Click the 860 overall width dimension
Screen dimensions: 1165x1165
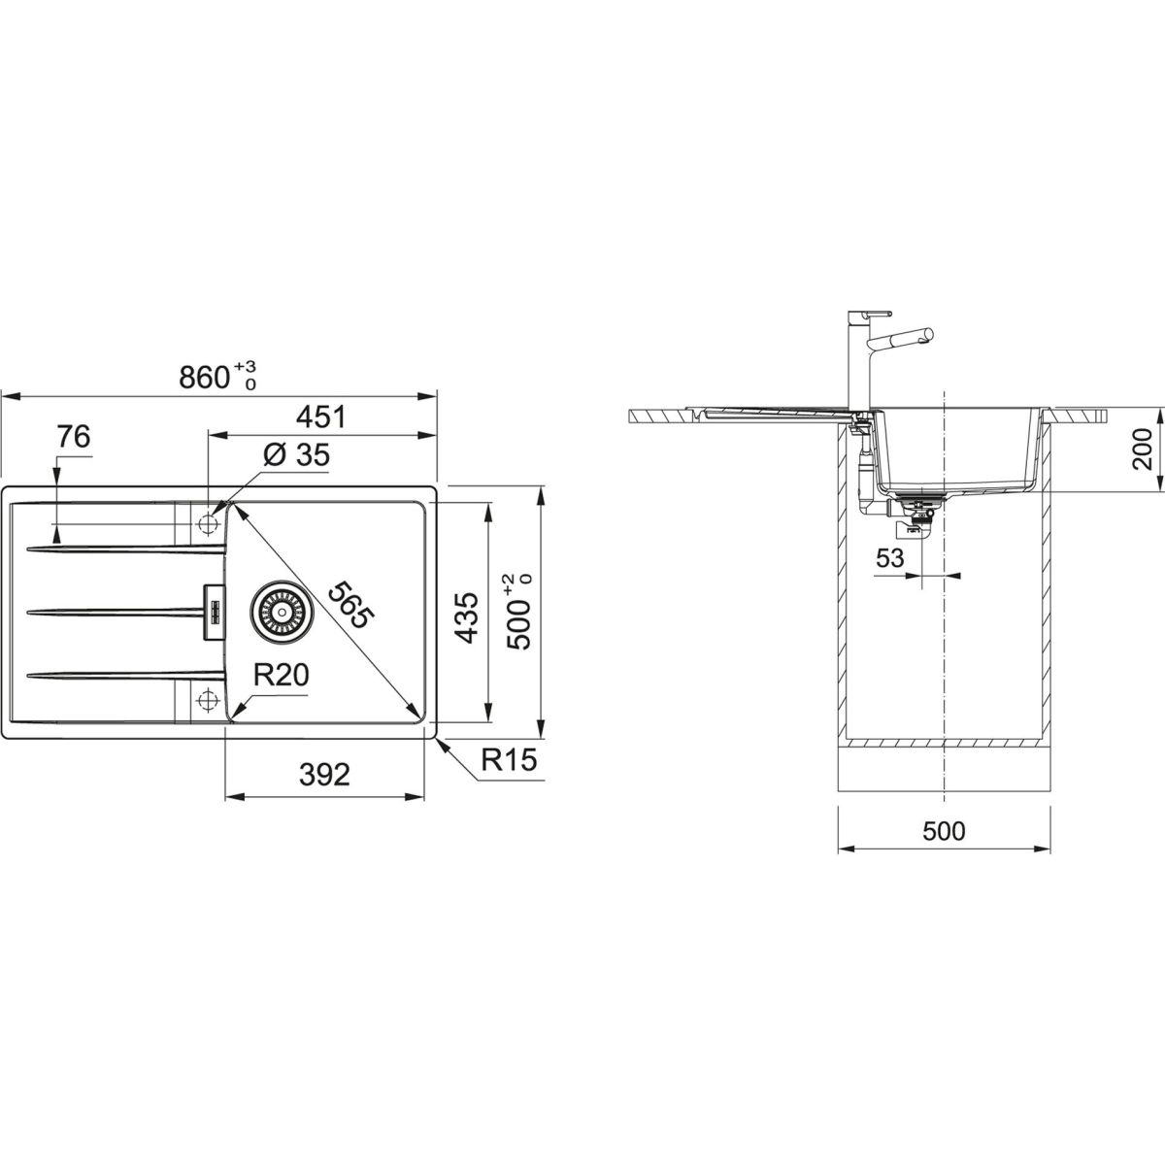click(217, 376)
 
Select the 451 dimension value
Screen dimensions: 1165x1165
click(321, 417)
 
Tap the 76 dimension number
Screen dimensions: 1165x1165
click(73, 437)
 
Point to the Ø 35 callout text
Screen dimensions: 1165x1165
click(297, 454)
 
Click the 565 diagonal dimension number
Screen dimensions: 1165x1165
click(351, 605)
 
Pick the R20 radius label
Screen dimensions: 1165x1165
click(281, 676)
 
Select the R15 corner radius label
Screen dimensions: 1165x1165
click(509, 760)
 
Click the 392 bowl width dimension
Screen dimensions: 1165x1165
click(324, 775)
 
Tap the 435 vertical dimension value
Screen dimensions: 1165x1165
click(466, 617)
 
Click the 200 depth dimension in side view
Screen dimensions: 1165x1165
click(1142, 449)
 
